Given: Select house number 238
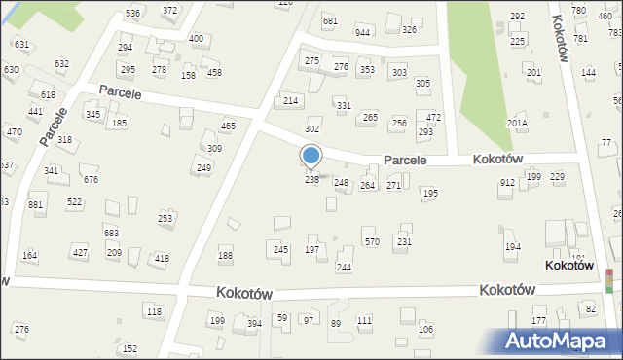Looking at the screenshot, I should (311, 180).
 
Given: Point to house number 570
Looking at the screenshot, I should (371, 241).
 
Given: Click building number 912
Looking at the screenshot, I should (507, 182).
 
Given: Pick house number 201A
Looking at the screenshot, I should (517, 124).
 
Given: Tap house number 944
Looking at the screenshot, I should (363, 32).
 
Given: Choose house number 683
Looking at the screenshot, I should (111, 234).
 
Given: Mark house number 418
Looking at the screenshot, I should (162, 258).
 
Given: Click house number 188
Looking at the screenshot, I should (225, 256).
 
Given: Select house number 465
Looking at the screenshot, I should (228, 126).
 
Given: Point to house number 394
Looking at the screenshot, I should (254, 323).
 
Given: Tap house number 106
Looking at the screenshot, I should (425, 329).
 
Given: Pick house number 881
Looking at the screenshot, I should (36, 205).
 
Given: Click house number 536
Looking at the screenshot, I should (132, 13).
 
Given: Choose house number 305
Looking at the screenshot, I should (422, 84).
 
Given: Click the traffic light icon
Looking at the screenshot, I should (609, 279).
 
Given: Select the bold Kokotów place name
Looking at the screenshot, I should (570, 266).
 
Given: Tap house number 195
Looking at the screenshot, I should (429, 194).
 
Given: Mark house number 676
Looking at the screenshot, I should (91, 179).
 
